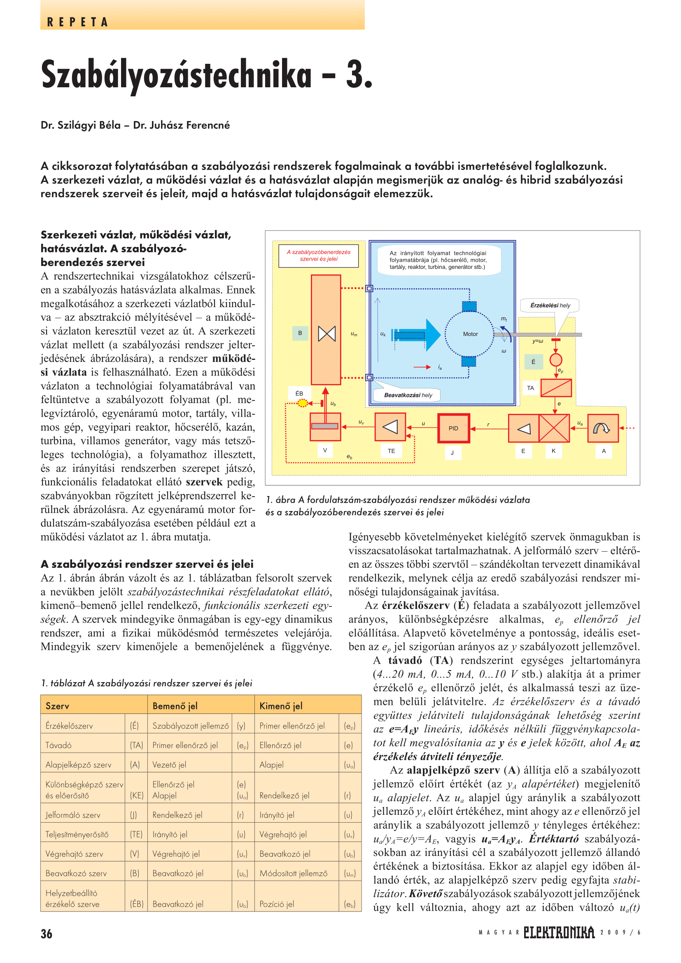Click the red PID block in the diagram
tap(453, 428)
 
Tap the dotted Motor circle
tap(470, 334)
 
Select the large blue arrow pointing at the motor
tap(417, 334)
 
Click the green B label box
tap(300, 333)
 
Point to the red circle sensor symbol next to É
tap(555, 360)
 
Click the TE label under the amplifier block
tap(391, 451)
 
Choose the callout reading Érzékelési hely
tap(550, 305)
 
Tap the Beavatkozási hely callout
tap(408, 395)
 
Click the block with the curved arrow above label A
tap(603, 428)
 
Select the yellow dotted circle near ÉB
tap(302, 403)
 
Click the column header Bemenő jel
tap(175, 706)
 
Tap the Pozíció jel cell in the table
tap(276, 904)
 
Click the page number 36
tap(47, 934)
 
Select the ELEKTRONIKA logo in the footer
tap(559, 933)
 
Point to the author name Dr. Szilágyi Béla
tap(81, 125)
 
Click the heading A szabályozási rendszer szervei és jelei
tap(147, 564)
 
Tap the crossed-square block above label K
tap(554, 428)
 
